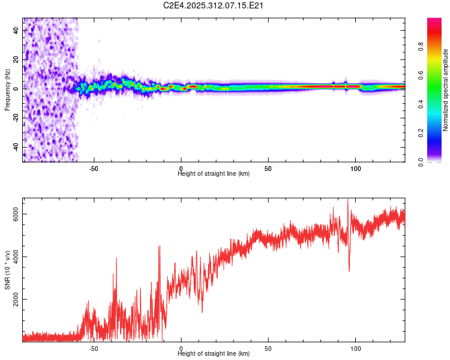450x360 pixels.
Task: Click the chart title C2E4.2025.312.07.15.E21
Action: [x=214, y=5]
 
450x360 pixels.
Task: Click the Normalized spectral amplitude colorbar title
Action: [x=446, y=90]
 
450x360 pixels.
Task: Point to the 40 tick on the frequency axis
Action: [x=16, y=29]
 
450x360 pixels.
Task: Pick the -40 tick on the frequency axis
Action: [x=16, y=146]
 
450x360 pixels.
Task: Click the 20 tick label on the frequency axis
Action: [x=16, y=59]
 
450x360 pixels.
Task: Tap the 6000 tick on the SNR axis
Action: [x=16, y=214]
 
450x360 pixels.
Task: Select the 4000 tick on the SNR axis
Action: [x=16, y=257]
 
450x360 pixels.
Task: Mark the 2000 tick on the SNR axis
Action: [x=16, y=299]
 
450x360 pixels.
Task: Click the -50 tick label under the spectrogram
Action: [x=94, y=169]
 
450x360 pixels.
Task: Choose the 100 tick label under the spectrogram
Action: [x=356, y=169]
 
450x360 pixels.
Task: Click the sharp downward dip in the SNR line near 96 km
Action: [x=349, y=270]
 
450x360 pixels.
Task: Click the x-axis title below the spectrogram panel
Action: [x=214, y=174]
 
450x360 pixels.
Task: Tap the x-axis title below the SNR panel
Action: [x=214, y=354]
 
